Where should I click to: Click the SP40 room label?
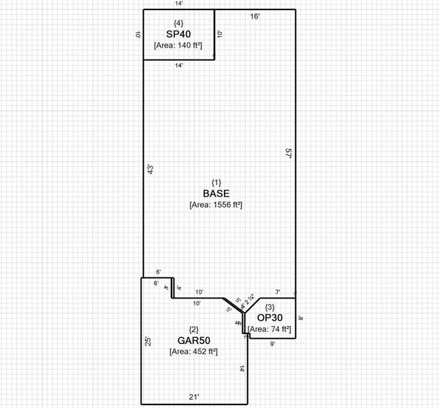tap(178, 33)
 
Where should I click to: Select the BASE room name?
tap(216, 193)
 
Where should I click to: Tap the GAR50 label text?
tap(193, 340)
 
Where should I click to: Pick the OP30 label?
tap(270, 318)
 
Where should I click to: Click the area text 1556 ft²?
tap(216, 205)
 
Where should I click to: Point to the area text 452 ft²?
tap(193, 352)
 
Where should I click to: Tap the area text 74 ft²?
tap(270, 330)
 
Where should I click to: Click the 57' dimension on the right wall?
tap(289, 154)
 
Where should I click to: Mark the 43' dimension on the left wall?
tap(150, 169)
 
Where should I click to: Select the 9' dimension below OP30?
tap(272, 343)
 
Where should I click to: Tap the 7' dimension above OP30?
tap(277, 292)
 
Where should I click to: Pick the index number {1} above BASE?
tap(216, 182)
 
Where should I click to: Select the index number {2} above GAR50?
tap(193, 330)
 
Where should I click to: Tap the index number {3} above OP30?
tap(270, 307)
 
